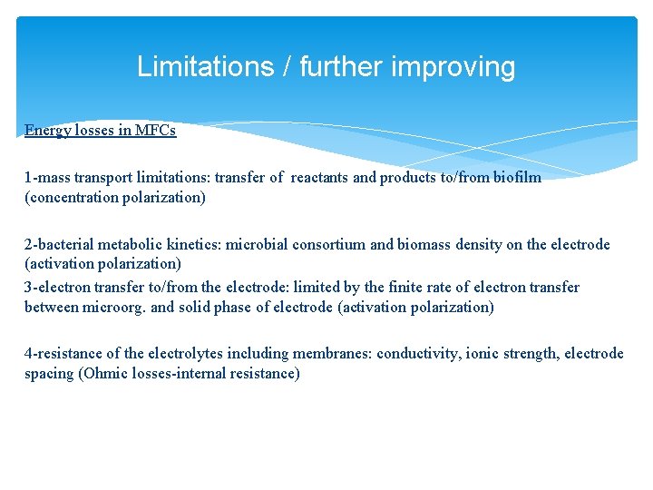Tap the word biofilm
point(517,177)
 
